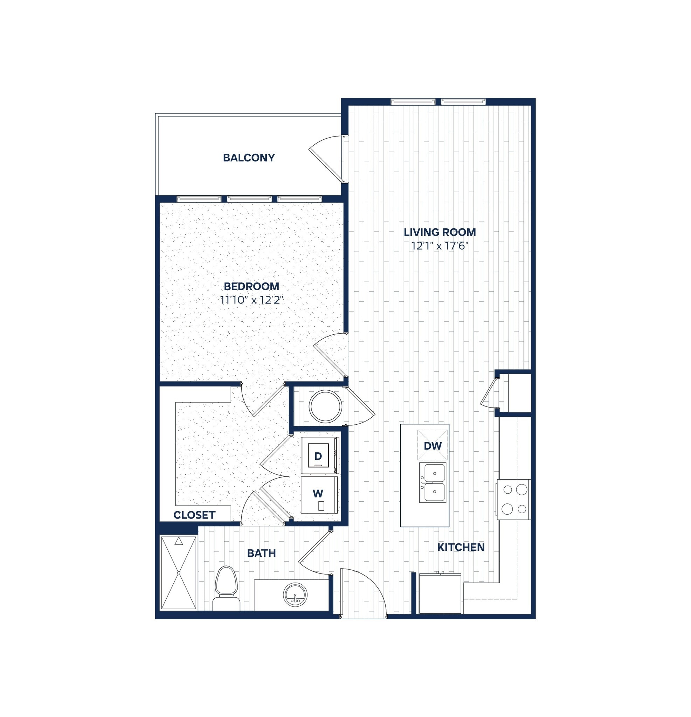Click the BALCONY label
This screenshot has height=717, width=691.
pos(249,158)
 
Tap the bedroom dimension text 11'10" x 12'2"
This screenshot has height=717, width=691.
pos(252,300)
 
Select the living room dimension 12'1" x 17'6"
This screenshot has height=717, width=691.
pos(440,246)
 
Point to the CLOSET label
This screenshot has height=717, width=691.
pos(194,515)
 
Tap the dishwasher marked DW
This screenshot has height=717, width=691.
pos(433,446)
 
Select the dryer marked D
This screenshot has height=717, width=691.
pos(318,456)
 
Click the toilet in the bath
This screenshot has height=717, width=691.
pos(226,589)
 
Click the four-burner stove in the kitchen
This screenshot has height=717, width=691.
pos(514,499)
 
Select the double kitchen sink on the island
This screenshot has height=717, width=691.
pos(433,482)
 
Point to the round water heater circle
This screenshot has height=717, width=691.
pos(325,406)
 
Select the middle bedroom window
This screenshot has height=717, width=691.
pos(249,199)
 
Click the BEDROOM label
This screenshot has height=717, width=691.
pos(251,286)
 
